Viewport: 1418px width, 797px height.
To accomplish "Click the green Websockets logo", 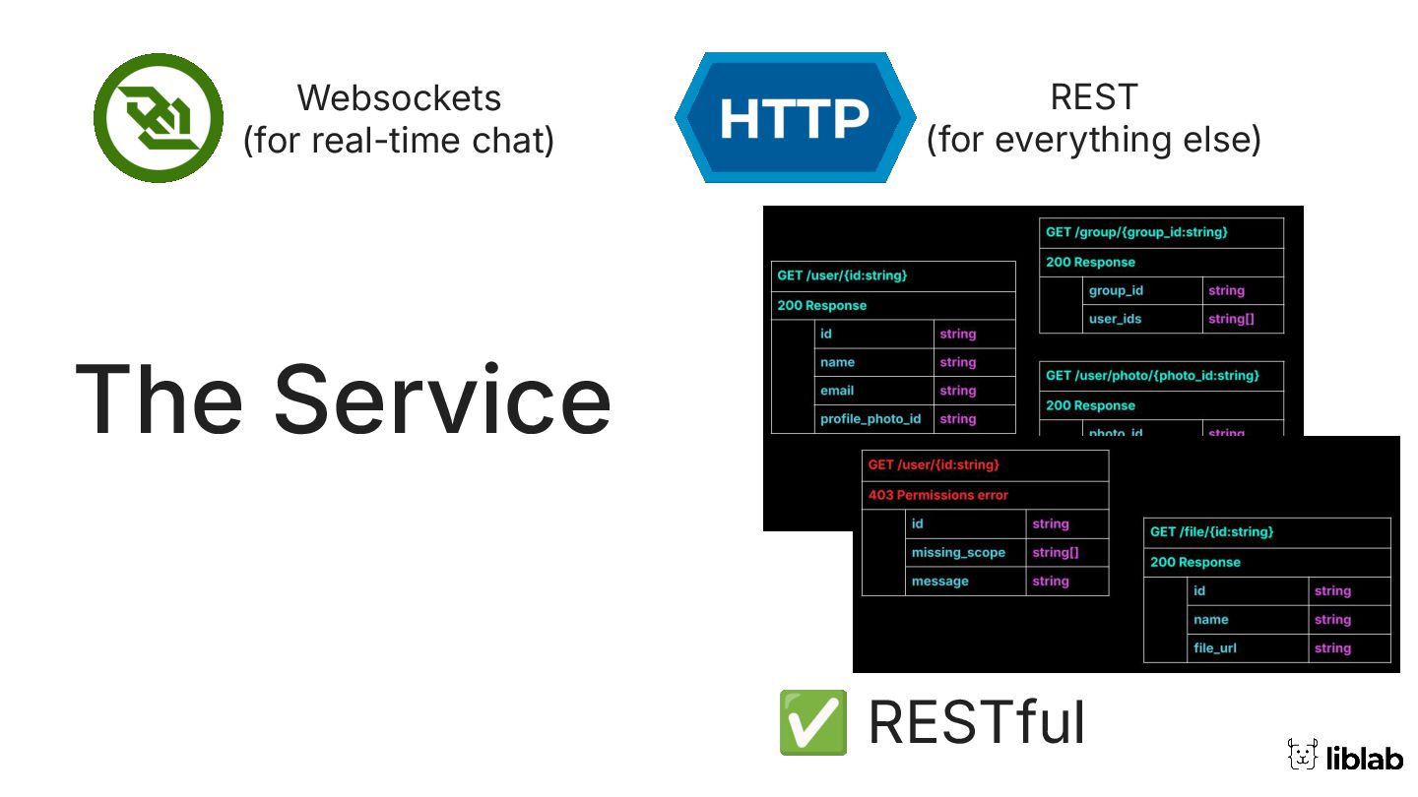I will point(159,118).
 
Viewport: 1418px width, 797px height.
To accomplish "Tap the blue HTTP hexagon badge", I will point(795,118).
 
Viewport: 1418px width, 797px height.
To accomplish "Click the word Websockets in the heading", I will point(399,97).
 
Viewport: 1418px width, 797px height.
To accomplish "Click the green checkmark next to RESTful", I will point(812,722).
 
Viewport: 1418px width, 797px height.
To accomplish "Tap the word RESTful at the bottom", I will point(977,723).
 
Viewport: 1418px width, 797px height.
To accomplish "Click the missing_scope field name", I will point(958,552).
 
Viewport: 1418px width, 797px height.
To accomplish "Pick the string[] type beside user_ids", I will point(1231,319).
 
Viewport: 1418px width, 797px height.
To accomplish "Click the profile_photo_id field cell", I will point(870,418).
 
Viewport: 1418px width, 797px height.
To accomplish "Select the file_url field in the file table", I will point(1215,647).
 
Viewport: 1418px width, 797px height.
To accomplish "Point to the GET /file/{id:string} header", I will point(1211,531).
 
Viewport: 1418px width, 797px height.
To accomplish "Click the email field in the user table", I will point(837,390).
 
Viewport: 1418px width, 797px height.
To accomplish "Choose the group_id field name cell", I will point(1116,290).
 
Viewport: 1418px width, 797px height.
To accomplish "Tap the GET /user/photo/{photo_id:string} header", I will point(1151,375).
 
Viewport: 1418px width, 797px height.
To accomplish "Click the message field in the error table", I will point(939,581).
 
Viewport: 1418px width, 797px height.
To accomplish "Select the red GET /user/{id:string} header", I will point(934,464).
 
